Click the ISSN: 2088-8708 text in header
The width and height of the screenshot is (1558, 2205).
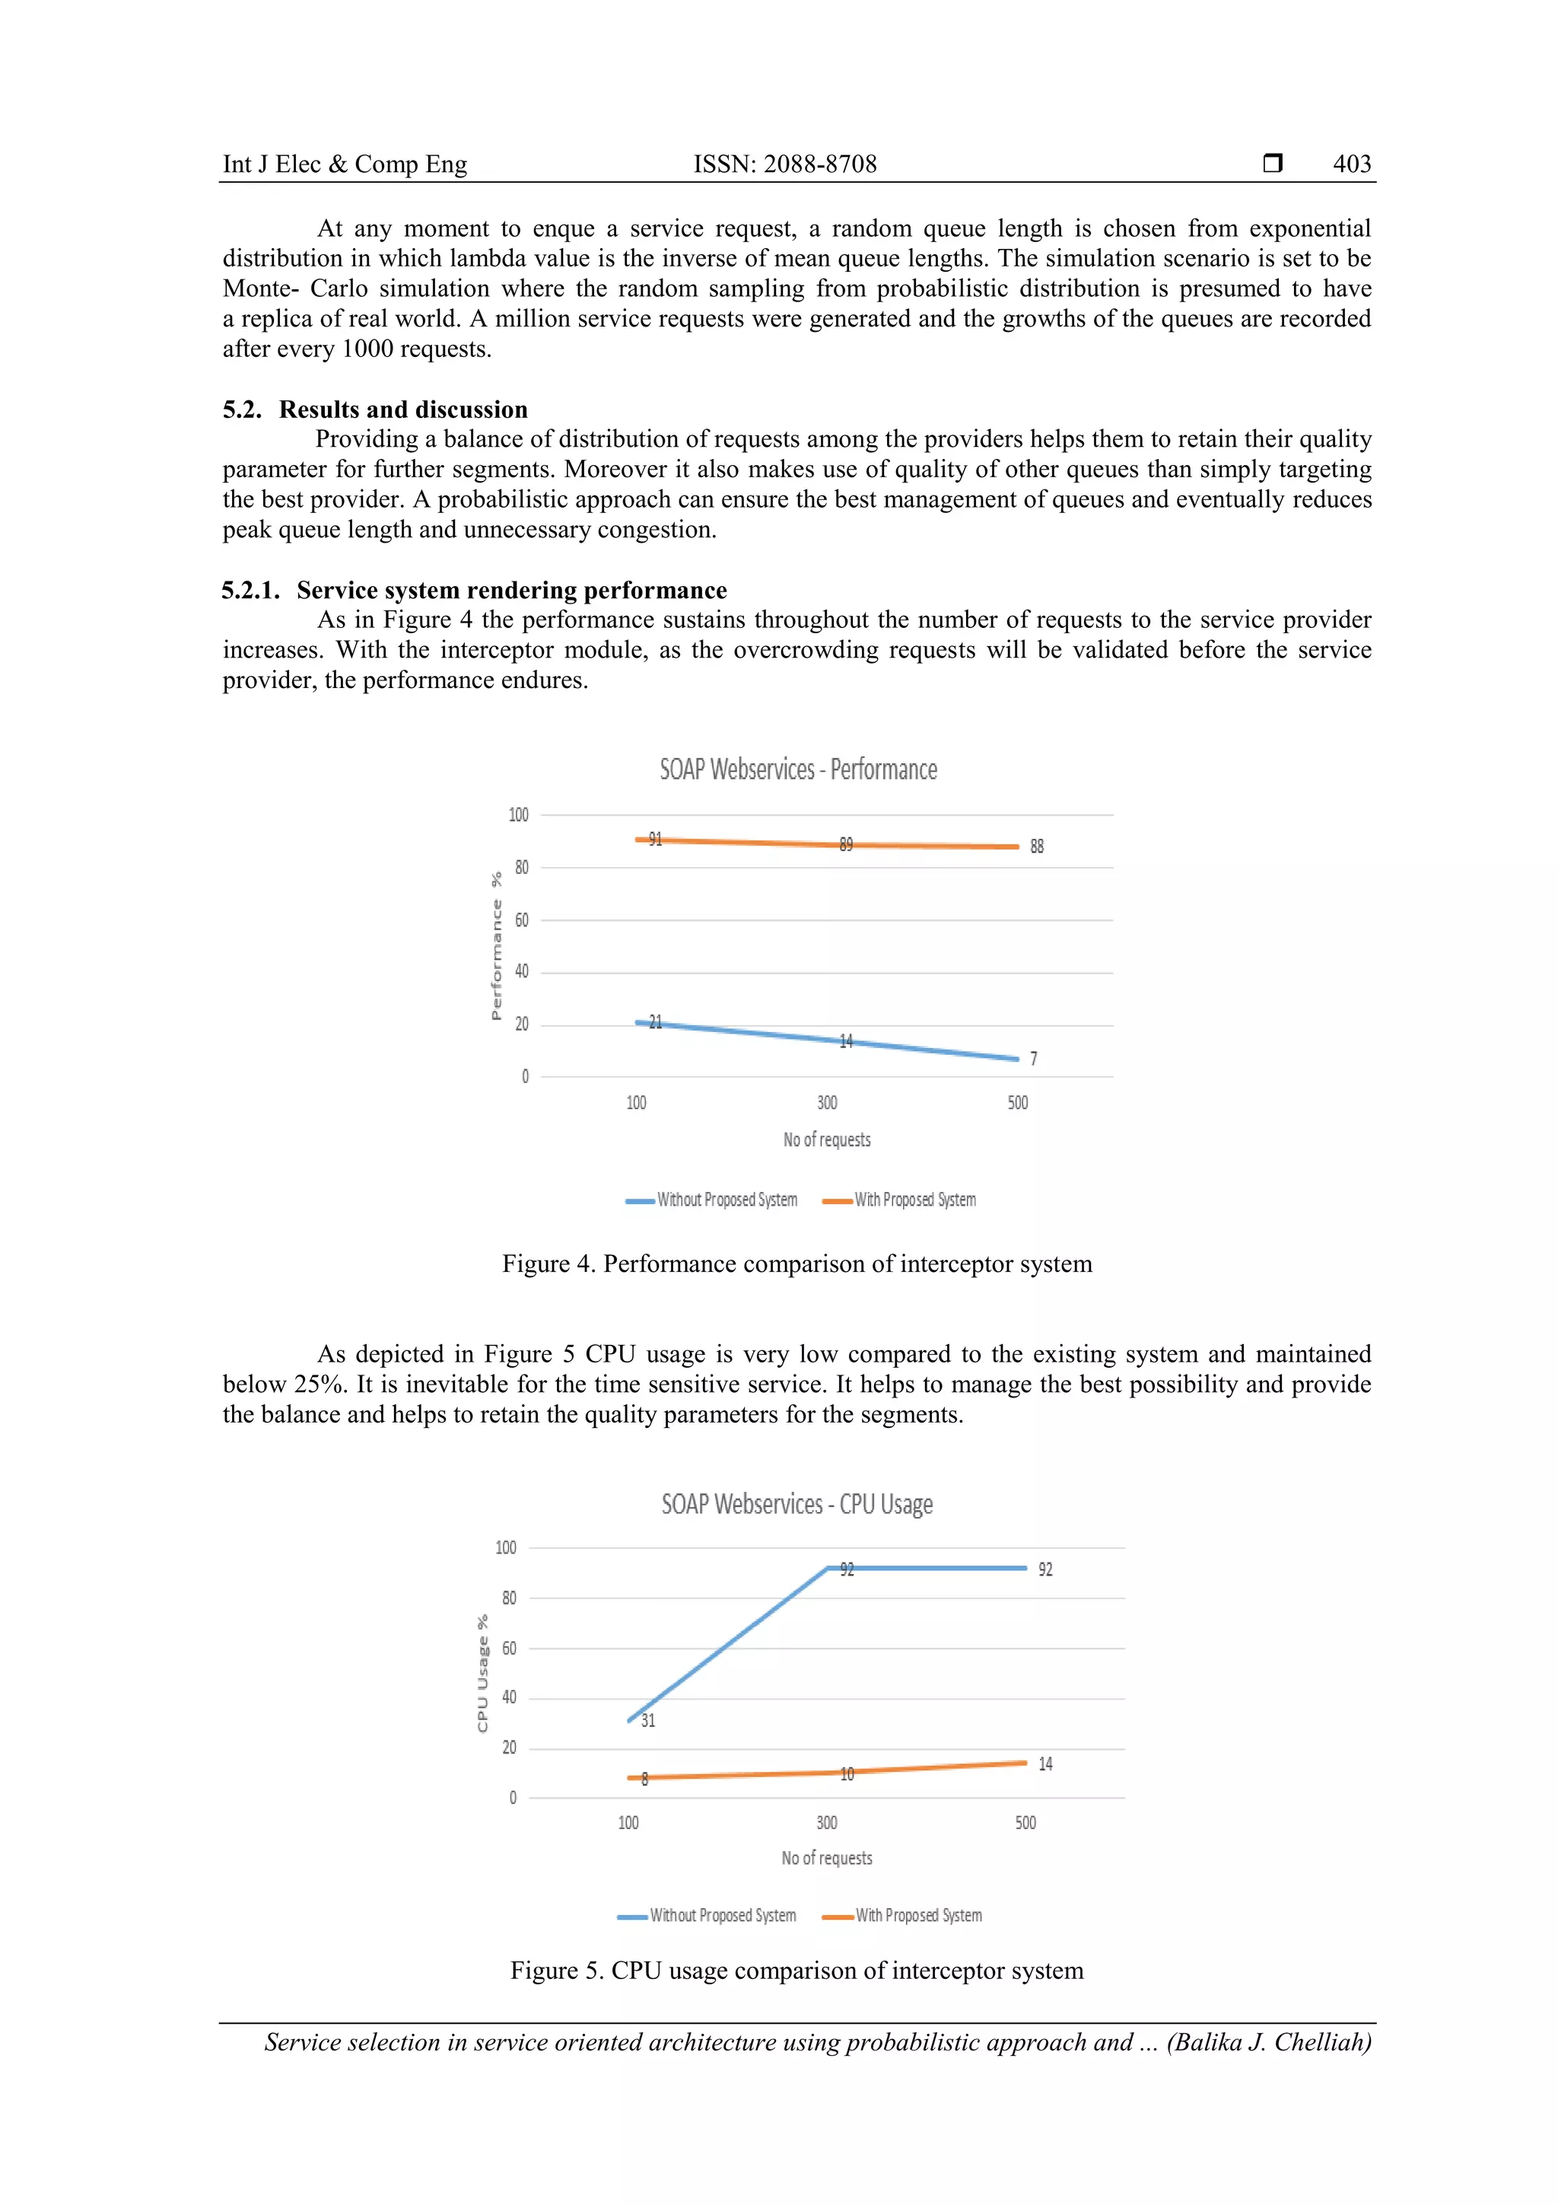[784, 164]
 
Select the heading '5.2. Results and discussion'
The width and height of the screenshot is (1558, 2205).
[375, 409]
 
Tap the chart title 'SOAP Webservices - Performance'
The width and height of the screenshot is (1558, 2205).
[798, 770]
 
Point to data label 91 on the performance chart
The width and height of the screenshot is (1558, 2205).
[655, 840]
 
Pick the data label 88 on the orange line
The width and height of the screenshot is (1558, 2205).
[1037, 846]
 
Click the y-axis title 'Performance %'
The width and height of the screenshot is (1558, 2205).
[496, 946]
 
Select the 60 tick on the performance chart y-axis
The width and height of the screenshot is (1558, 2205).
[521, 920]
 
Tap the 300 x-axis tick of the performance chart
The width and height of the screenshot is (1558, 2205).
[826, 1102]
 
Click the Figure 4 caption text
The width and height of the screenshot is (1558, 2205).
[796, 1263]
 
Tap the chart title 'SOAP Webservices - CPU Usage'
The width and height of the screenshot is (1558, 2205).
[796, 1504]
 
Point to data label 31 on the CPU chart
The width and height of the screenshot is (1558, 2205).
[648, 1721]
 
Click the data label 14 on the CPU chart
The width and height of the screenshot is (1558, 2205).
[1045, 1764]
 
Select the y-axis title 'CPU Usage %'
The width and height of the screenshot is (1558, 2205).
[483, 1673]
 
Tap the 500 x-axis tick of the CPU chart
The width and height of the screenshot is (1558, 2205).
[1025, 1823]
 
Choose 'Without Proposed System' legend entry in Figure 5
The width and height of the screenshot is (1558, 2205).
[722, 1915]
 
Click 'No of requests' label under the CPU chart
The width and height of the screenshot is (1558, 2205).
[826, 1859]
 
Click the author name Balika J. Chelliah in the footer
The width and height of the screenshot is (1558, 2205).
[1269, 2042]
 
